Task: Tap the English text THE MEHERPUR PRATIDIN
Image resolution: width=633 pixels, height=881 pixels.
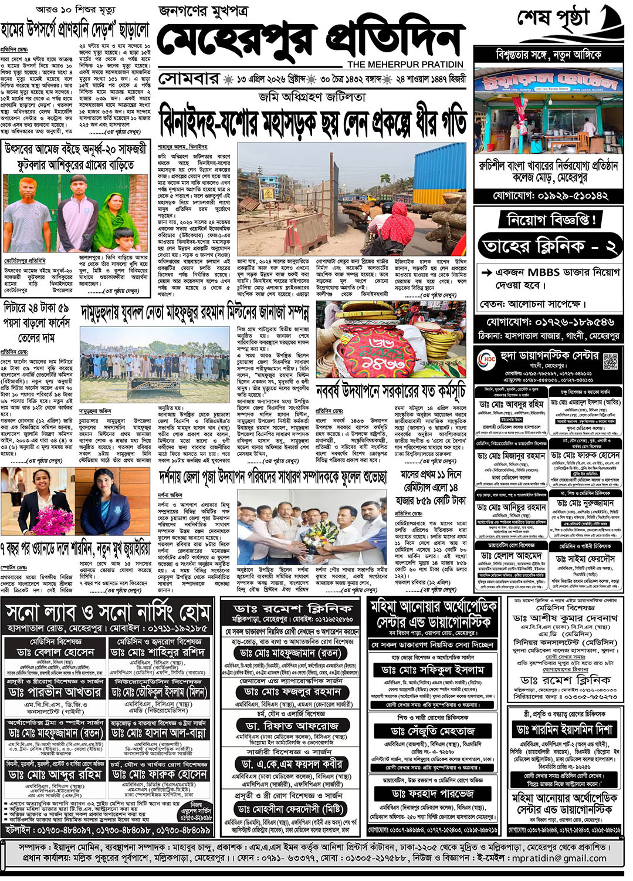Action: [405, 64]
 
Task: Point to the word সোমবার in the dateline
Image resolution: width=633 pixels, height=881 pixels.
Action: [188, 79]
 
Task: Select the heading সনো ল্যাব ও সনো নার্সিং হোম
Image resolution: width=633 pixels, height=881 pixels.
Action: [108, 613]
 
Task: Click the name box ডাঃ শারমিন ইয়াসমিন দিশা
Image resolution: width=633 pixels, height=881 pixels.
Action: [564, 730]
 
